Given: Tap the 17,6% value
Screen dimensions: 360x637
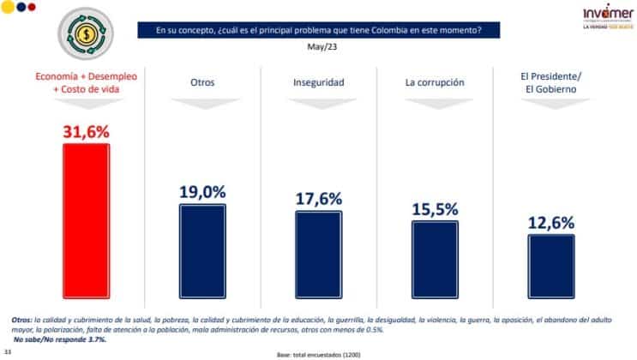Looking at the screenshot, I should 318,197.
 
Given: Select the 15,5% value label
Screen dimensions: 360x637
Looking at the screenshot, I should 435,207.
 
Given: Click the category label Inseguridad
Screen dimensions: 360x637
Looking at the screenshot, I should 318,83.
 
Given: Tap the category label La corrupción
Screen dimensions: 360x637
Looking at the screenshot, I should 435,83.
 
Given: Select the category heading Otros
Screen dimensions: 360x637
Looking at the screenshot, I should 202,83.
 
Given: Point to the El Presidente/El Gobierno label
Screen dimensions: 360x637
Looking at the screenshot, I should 551,83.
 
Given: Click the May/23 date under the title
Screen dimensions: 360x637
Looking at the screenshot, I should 318,47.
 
